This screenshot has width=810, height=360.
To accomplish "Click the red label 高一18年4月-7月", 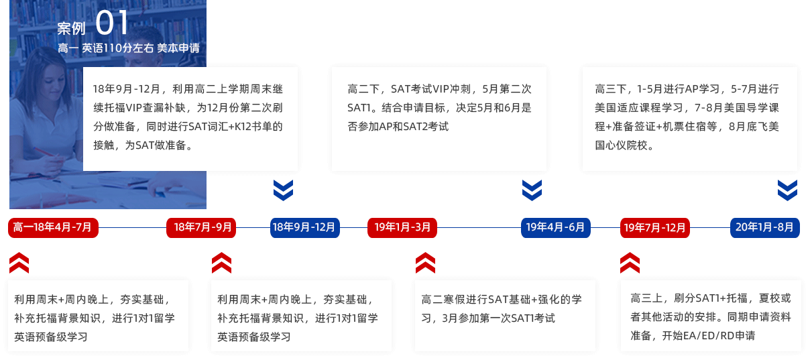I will tap(53, 228).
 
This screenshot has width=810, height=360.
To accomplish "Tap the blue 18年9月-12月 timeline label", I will tap(304, 228).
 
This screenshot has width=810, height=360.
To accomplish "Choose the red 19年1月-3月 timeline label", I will tap(402, 228).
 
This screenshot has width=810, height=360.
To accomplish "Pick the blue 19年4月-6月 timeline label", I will tap(555, 228).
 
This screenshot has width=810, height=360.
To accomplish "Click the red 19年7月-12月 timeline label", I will tap(654, 228).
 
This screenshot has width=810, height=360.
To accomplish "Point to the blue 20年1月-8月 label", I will tap(764, 228).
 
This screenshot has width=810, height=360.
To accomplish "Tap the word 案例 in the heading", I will tap(71, 28).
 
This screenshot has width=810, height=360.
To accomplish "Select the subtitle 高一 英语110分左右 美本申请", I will tap(128, 48).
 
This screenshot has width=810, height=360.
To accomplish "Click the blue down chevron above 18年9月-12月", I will tap(284, 190).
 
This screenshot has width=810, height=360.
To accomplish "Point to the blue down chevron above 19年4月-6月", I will tap(532, 190).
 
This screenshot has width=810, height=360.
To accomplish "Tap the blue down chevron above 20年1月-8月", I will tap(787, 190).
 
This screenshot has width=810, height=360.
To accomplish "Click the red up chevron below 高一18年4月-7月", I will tap(19, 263).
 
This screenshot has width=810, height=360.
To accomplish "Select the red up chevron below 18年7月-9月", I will tap(221, 263).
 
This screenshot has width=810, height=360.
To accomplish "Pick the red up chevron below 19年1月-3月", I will tap(425, 263).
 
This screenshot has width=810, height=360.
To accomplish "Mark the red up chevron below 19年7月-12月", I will tap(630, 263).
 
